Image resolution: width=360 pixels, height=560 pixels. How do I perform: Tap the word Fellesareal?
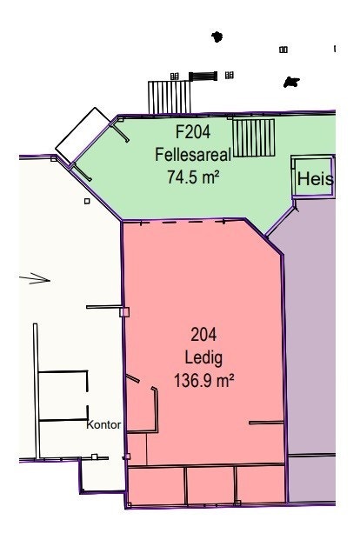pos(193,156)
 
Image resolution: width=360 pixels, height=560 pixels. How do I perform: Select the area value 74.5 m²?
pos(193,177)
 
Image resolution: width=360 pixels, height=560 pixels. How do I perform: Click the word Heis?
pos(315,179)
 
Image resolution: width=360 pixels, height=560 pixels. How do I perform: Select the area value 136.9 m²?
pos(204,379)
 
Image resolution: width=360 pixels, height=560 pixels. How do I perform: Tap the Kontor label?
pos(103,426)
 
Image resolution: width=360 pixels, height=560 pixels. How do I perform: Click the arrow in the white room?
pos(35,279)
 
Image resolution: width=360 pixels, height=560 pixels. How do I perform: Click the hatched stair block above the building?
pos(162,97)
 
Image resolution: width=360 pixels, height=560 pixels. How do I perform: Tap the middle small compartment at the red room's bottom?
pos(210,485)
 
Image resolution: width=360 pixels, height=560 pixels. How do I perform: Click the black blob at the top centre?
pos(217,37)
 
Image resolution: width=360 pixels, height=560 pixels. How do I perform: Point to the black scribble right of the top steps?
pos(291,83)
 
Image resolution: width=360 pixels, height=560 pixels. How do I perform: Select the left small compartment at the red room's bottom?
pos(157,485)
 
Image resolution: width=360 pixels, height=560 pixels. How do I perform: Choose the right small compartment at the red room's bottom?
pos(260,485)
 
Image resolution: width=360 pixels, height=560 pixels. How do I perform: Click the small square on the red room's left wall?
pos(124,311)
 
